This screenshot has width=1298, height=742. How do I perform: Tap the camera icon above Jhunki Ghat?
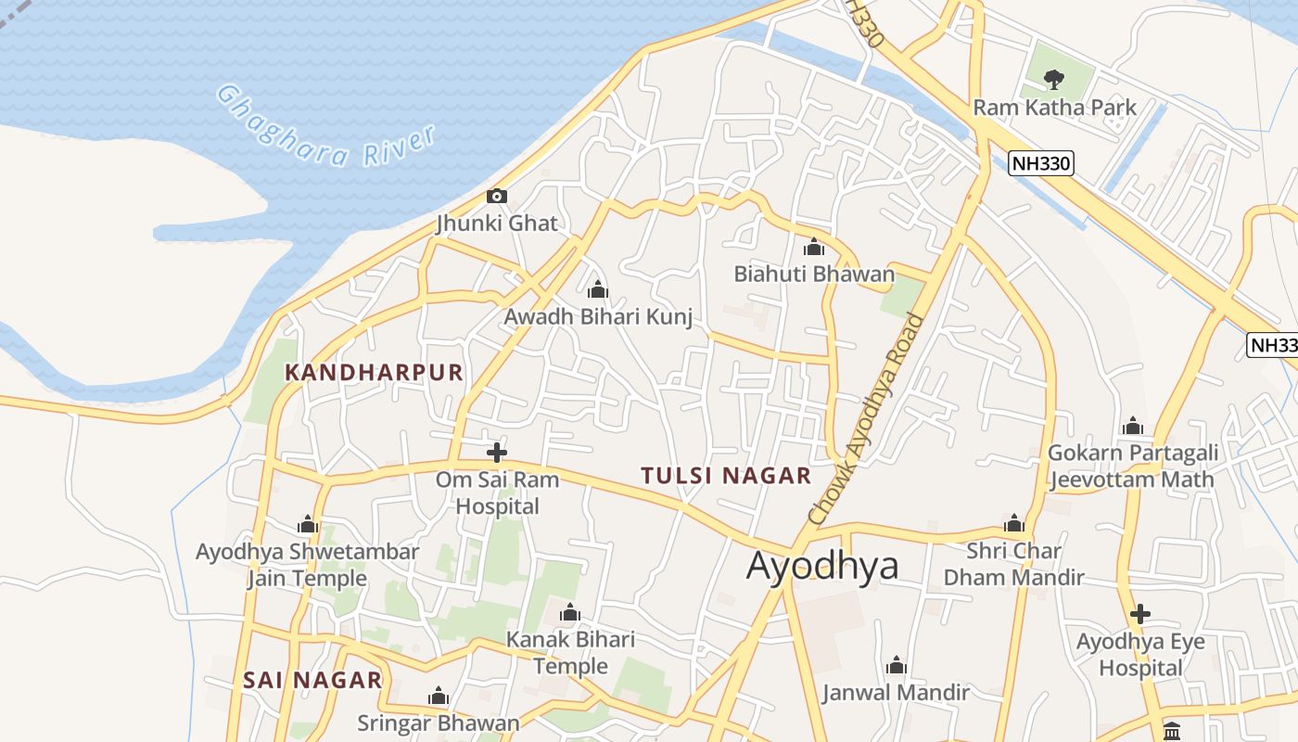click(497, 196)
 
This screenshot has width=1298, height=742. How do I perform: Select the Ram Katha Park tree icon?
click(1054, 80)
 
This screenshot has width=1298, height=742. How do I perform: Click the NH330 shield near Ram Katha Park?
click(1041, 164)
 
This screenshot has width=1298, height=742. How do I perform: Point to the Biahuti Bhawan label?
click(814, 274)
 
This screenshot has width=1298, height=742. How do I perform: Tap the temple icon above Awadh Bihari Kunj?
click(598, 289)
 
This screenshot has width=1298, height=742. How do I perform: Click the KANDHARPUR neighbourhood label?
click(374, 373)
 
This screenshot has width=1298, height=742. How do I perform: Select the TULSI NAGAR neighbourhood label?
click(726, 476)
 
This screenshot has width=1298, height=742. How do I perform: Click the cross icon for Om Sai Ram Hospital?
click(497, 453)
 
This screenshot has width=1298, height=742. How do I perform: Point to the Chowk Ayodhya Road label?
click(867, 419)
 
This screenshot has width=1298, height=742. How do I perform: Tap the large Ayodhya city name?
click(822, 565)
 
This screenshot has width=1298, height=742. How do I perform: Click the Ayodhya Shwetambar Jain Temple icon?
click(308, 525)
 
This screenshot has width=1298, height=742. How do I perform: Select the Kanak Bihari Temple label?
click(570, 653)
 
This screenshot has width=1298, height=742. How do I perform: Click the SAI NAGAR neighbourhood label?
click(312, 680)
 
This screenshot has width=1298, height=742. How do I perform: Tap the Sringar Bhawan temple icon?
click(439, 697)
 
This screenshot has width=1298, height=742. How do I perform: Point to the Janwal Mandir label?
click(896, 692)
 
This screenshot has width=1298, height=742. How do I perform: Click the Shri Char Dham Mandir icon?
click(1014, 523)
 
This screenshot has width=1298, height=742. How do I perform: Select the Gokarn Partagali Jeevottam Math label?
click(1132, 467)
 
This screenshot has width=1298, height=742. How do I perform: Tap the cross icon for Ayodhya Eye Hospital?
click(1140, 614)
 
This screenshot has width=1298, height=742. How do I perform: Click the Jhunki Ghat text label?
click(497, 224)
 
